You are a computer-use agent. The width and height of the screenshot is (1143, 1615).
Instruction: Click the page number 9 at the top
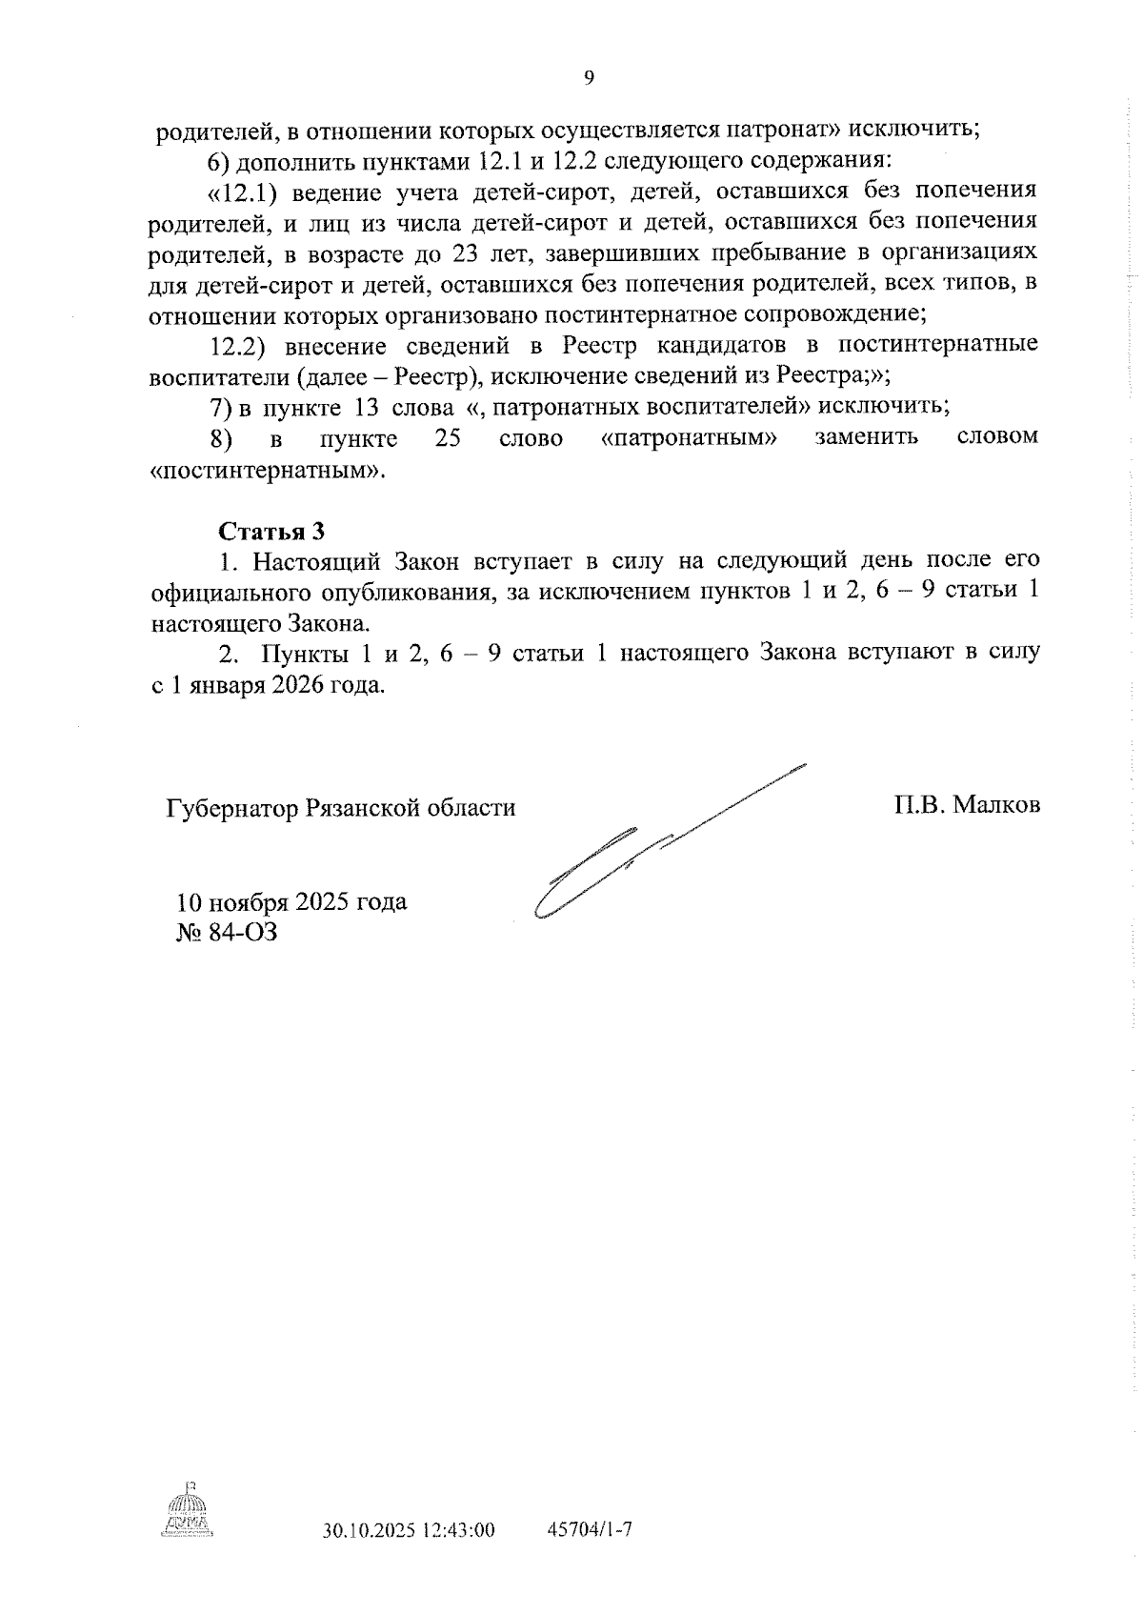coord(588,79)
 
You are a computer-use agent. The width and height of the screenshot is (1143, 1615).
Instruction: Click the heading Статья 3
coord(271,530)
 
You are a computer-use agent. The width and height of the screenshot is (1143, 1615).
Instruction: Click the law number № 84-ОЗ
coord(227,931)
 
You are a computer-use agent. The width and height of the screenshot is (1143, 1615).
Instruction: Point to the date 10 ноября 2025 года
coord(291,901)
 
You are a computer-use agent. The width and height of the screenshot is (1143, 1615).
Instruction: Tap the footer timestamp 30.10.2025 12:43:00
coord(409,1531)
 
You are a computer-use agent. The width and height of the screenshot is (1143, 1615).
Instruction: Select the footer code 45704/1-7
coord(591,1530)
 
